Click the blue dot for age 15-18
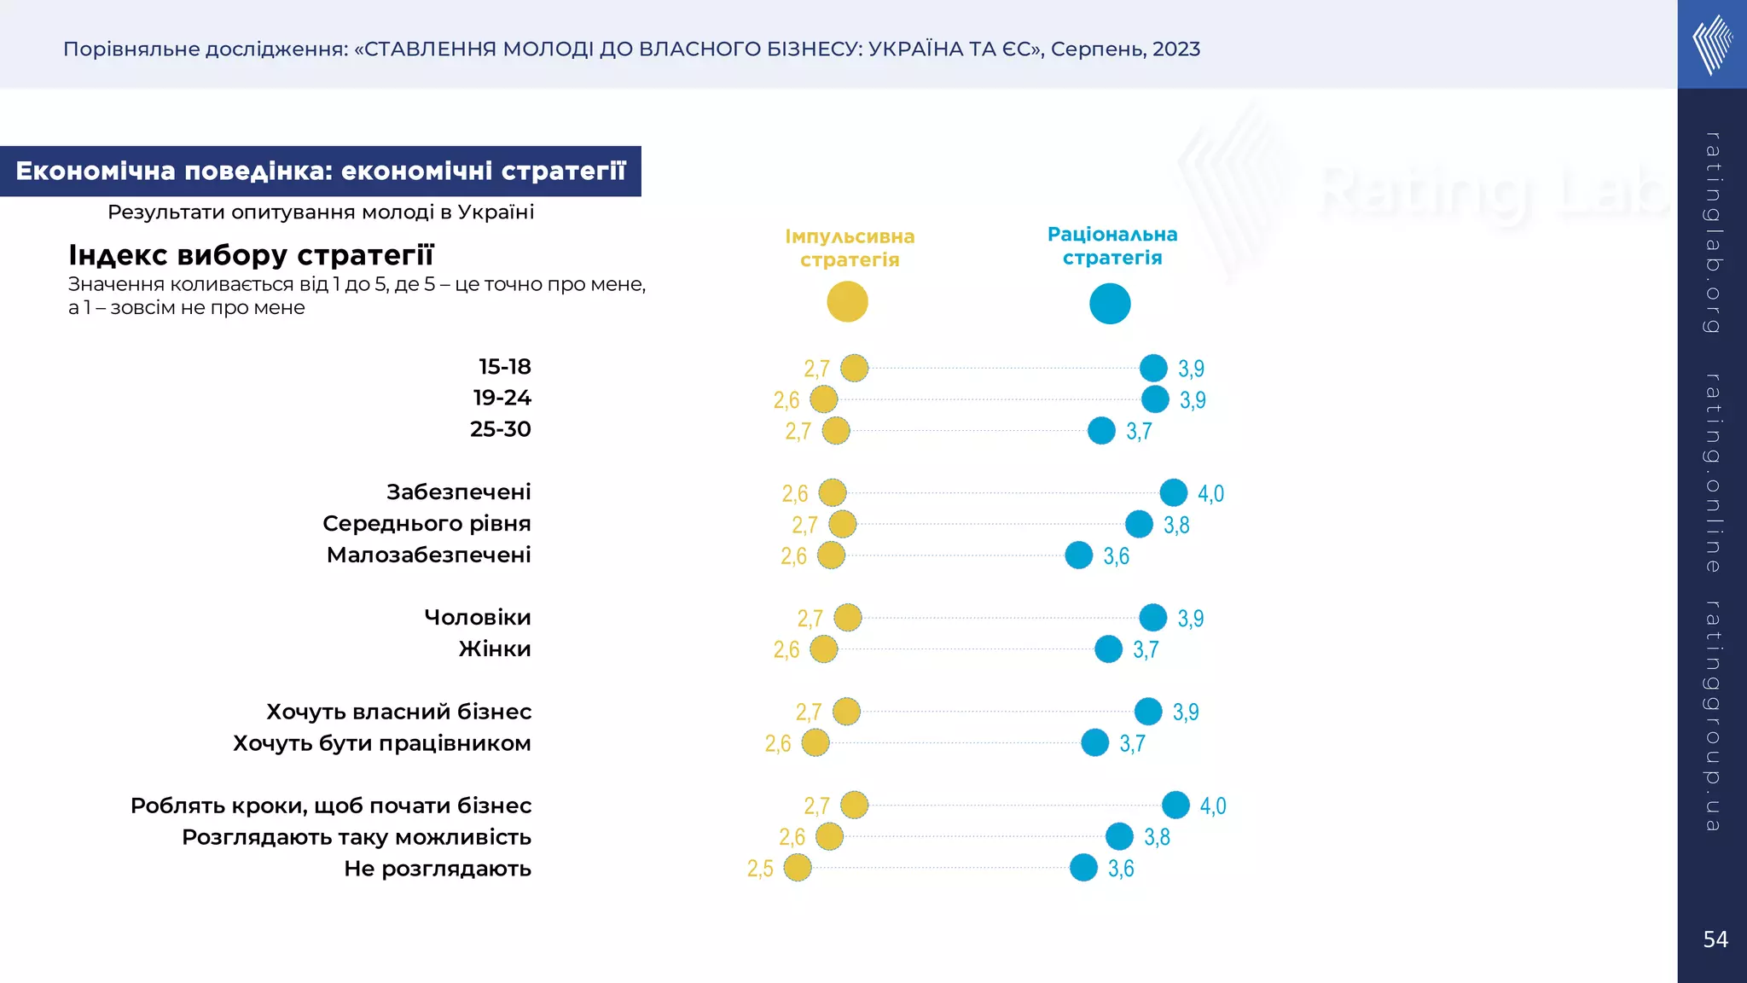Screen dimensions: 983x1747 pos(1153,368)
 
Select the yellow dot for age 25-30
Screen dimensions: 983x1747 pos(836,431)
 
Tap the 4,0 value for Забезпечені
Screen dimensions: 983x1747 pos(1210,493)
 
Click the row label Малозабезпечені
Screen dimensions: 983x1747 pos(428,555)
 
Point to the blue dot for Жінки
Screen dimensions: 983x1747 pos(1108,649)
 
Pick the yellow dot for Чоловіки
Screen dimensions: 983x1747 pos(848,618)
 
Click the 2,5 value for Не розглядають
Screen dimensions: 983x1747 pos(760,869)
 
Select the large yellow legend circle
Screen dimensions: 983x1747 pos(847,302)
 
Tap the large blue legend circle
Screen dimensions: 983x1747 pos(1110,304)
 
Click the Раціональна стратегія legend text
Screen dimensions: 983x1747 pos(1112,246)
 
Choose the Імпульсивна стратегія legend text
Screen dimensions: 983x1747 pos(850,247)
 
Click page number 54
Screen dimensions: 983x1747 pos(1715,939)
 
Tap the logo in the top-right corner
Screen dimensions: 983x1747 pos(1712,44)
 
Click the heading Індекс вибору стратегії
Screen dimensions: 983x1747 pos(251,254)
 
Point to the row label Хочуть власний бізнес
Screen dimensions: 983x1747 pos(398,712)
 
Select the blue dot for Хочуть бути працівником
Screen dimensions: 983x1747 pos(1095,743)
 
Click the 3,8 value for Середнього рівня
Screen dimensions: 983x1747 pos(1176,525)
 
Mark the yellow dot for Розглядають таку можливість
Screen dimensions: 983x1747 pos(829,837)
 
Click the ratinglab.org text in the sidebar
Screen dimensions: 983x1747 pos(1712,232)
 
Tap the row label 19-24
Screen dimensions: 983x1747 pos(502,398)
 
